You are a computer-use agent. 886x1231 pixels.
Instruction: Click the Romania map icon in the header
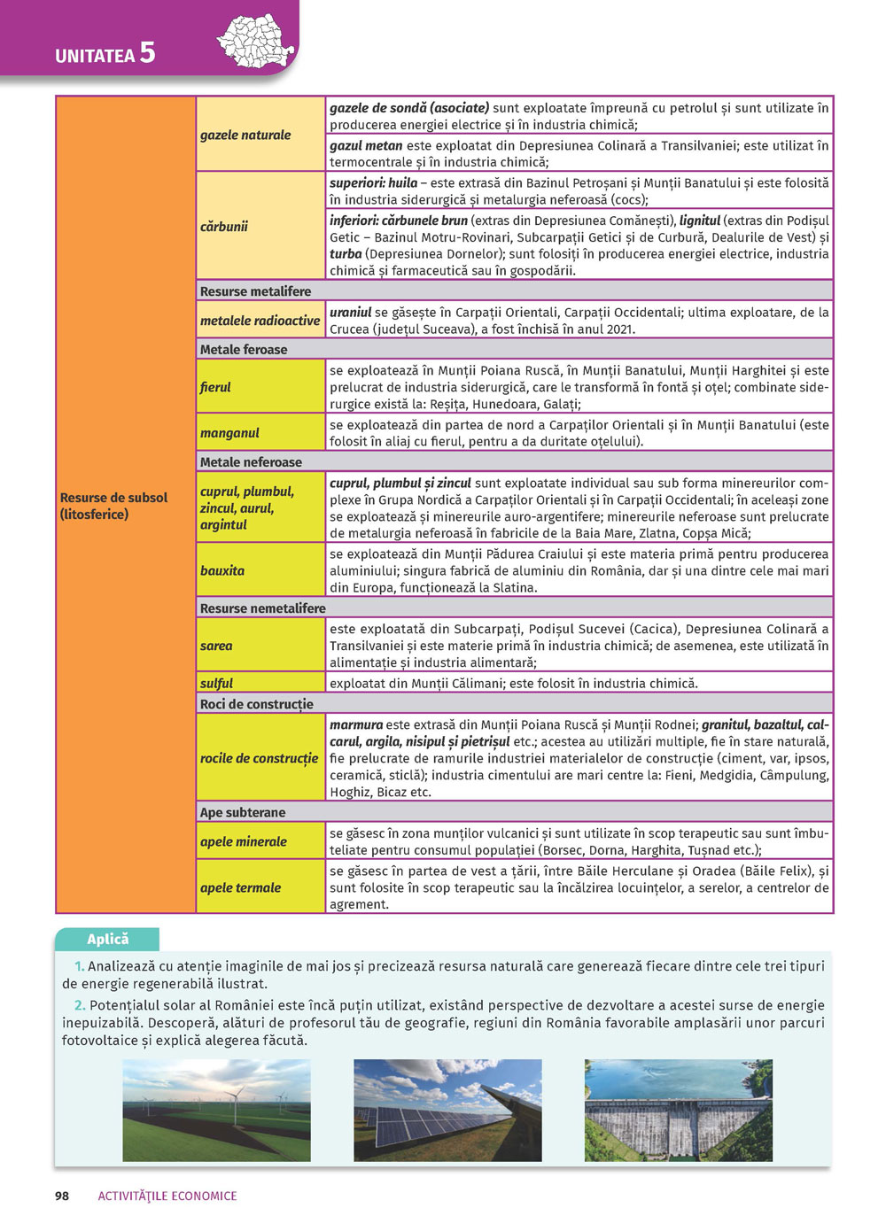coord(255,41)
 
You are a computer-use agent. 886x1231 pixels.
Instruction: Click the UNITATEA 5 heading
coord(105,54)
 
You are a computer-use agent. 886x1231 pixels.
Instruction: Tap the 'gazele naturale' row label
coord(245,135)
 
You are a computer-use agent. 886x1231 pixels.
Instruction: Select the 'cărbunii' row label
coord(224,227)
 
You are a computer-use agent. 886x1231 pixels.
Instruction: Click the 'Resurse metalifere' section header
coord(255,291)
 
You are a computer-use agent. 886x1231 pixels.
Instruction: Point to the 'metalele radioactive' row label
coord(260,321)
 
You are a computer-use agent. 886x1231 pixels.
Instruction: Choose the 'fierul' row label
coord(215,387)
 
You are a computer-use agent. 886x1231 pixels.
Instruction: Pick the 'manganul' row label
coord(229,433)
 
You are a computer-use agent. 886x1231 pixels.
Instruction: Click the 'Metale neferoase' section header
coord(251,462)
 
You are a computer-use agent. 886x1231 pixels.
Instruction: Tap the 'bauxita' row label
coord(222,571)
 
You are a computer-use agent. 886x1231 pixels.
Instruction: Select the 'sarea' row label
coord(216,646)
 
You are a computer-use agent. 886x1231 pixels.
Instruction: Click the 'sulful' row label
coord(216,684)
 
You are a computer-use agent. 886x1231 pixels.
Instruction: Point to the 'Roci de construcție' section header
coord(257,705)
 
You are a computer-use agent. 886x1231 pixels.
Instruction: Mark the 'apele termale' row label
coord(240,887)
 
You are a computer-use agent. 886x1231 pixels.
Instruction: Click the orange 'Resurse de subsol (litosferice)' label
coord(113,506)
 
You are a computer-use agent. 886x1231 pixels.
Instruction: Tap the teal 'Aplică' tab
coord(107,940)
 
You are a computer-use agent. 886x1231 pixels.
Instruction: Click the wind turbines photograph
coord(216,1111)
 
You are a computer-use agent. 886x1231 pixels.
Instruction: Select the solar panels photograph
coord(447,1111)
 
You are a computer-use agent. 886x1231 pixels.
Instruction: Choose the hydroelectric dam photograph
coord(679,1111)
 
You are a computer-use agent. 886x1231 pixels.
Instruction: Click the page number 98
coord(62,1196)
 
